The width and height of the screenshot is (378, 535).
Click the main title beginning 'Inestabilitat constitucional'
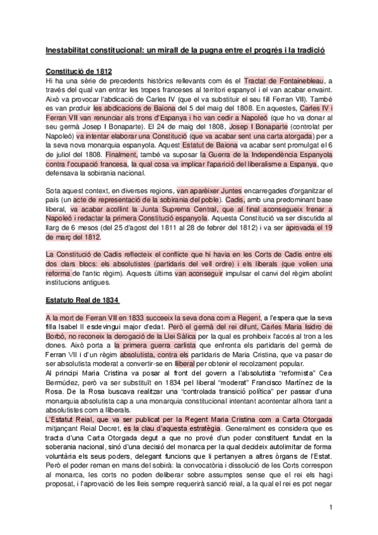(x=189, y=49)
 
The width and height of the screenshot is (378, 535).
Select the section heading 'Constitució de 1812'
(x=80, y=71)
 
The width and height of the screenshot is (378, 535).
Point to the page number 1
(x=330, y=508)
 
